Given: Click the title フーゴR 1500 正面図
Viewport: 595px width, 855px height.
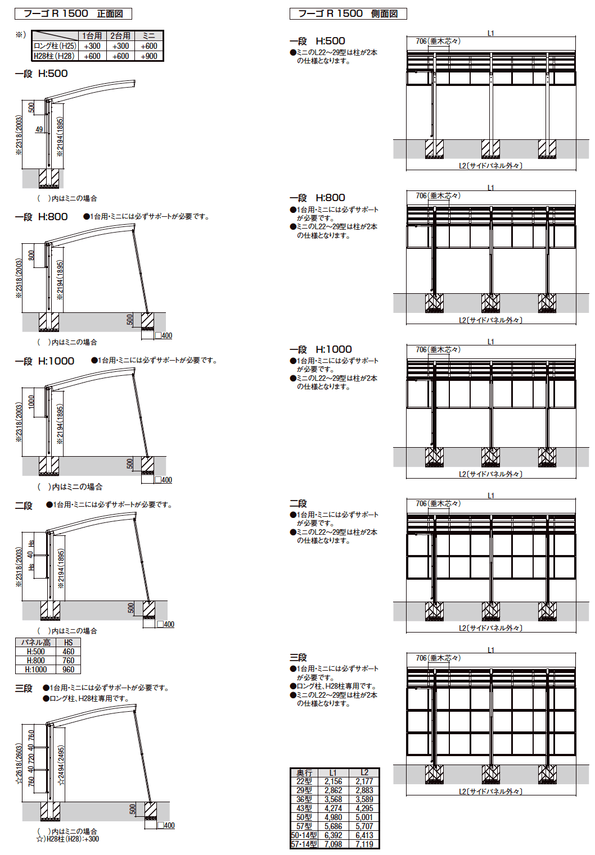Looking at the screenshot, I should click(73, 13).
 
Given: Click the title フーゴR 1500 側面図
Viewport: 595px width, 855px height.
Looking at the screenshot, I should click(348, 13).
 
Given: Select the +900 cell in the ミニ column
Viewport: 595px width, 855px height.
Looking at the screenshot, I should click(149, 56).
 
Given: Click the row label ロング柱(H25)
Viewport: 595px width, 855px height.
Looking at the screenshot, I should click(55, 46).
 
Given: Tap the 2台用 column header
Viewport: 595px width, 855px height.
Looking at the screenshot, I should click(120, 35).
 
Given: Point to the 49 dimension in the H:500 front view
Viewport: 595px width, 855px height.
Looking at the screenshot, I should click(39, 129).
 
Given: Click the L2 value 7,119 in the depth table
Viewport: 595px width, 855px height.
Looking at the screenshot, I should click(364, 844).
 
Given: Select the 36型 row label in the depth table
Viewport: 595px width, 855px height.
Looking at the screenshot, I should click(304, 799).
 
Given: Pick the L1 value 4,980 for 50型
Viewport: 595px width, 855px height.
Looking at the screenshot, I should click(333, 817).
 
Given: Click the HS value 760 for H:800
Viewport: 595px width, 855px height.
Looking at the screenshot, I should click(68, 661).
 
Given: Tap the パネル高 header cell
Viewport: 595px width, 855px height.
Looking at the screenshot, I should click(35, 642).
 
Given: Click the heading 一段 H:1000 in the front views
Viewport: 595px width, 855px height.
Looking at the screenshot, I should click(44, 361).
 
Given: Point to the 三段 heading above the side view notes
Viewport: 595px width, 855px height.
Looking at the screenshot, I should click(298, 657).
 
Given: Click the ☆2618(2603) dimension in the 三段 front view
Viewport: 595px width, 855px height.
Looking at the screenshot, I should click(19, 765).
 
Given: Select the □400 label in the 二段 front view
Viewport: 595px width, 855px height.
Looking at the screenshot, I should click(165, 624).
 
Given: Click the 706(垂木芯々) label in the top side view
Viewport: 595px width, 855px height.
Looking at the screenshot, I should click(438, 41).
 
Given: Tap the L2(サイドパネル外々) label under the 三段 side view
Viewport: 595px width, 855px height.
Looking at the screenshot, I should click(490, 792).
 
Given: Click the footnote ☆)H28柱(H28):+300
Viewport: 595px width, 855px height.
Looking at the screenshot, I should click(67, 839).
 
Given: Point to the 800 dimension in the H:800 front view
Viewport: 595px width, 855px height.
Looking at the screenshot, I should click(31, 255).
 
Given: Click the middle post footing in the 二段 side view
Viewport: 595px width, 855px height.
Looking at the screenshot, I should click(490, 611).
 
